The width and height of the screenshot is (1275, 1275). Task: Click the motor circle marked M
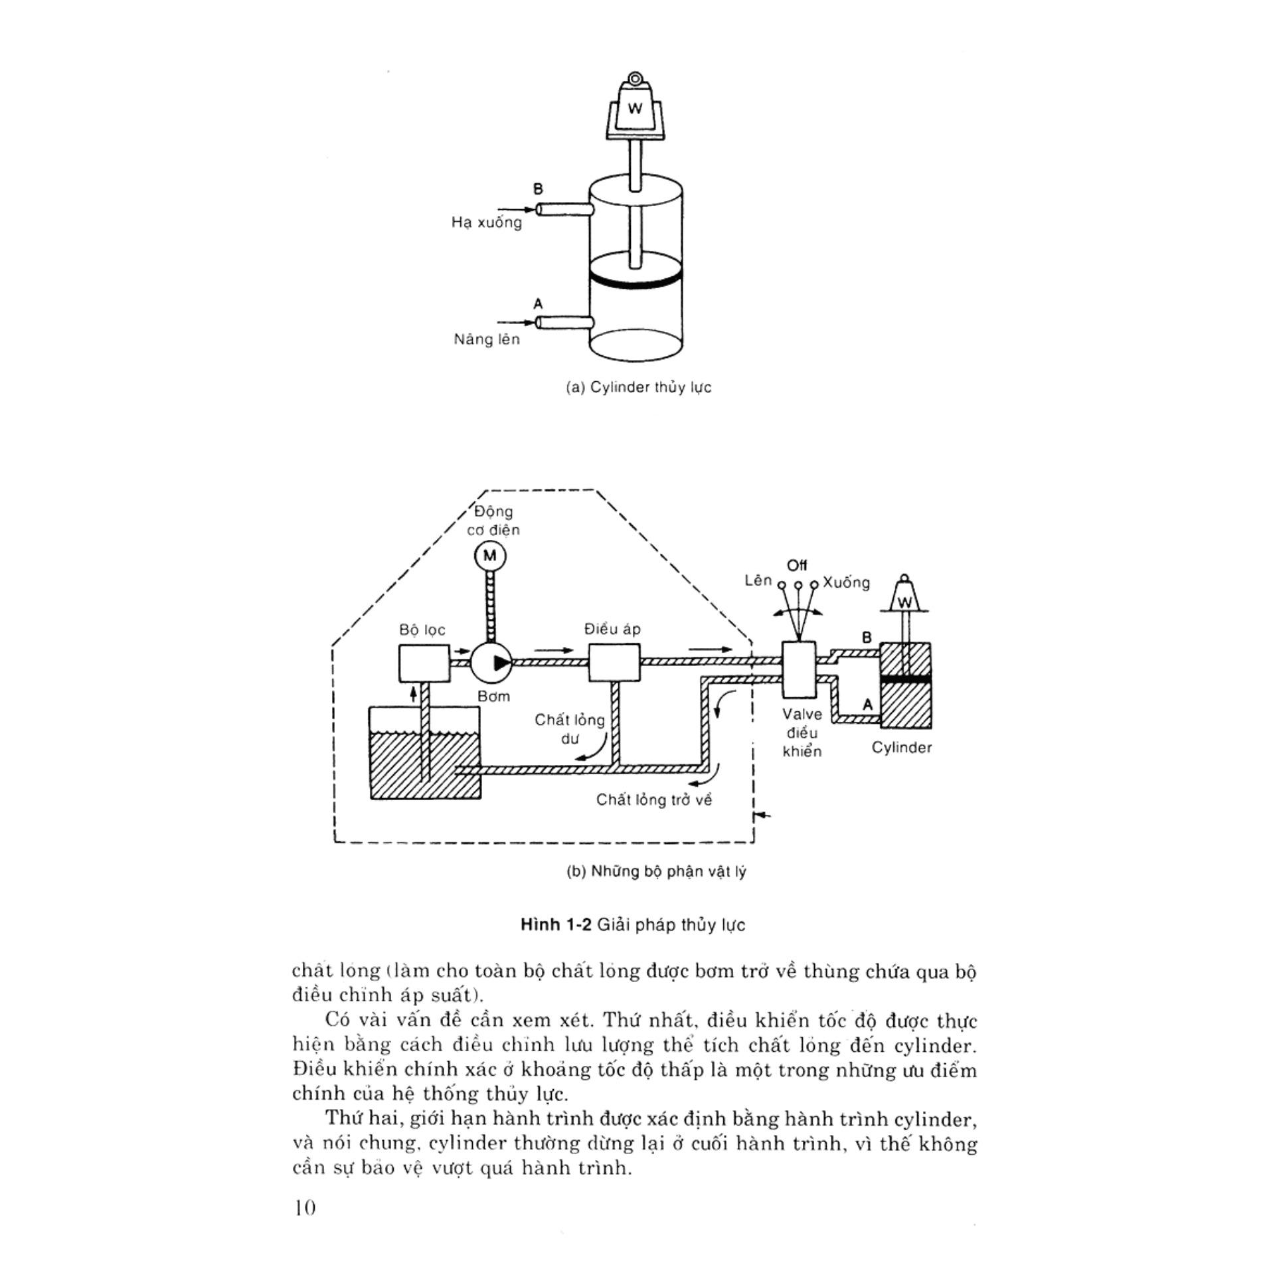tap(490, 555)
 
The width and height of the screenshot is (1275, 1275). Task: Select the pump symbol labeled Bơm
tap(491, 661)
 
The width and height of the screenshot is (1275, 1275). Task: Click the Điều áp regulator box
tap(614, 661)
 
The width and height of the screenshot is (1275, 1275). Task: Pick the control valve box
tap(799, 669)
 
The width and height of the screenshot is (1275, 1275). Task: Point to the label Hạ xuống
tap(487, 222)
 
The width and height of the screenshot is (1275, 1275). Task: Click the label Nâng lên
tap(487, 339)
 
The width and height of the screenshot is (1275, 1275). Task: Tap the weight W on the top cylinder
tap(635, 109)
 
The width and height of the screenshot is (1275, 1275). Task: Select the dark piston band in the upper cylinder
tap(636, 279)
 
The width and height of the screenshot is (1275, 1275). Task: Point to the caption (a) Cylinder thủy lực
tap(638, 387)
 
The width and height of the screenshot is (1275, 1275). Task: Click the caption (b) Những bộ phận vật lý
tap(656, 871)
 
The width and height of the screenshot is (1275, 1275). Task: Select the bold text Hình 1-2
tap(556, 925)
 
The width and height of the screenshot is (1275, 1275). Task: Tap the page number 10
tap(305, 1208)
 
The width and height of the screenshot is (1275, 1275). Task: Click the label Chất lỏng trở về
tap(653, 800)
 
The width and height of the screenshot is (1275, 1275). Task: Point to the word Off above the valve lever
tap(797, 566)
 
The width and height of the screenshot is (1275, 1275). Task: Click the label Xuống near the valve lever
tap(846, 582)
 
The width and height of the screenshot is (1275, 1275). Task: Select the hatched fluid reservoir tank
tap(425, 764)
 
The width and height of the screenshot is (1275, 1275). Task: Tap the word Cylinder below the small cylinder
tap(901, 748)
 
